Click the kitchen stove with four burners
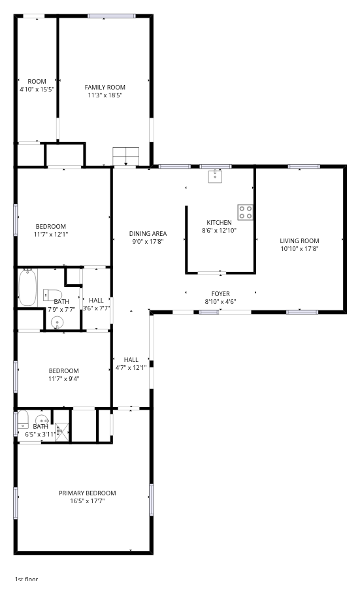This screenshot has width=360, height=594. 245,212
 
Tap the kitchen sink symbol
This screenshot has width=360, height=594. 215,176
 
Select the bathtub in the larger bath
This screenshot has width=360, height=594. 27,287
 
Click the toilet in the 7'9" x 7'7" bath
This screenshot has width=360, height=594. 52,294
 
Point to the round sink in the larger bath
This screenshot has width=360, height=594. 57,323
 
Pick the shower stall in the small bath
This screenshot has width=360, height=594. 63,432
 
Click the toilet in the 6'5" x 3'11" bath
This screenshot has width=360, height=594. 23,419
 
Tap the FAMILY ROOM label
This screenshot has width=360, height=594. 105,87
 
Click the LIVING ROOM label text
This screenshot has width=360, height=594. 299,240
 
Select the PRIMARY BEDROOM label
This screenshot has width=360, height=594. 87,493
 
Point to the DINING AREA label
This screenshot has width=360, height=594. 148,234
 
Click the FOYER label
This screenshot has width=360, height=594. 221,293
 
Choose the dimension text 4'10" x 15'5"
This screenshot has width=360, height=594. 37,90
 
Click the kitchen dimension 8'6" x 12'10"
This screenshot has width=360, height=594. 219,230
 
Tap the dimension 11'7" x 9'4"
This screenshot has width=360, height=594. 63,379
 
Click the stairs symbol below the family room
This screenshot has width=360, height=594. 126,156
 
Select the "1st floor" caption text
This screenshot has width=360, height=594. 27,579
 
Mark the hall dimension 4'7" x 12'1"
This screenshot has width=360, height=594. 131,367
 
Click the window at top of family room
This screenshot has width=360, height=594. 112,16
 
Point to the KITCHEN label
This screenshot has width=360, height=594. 219,222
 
